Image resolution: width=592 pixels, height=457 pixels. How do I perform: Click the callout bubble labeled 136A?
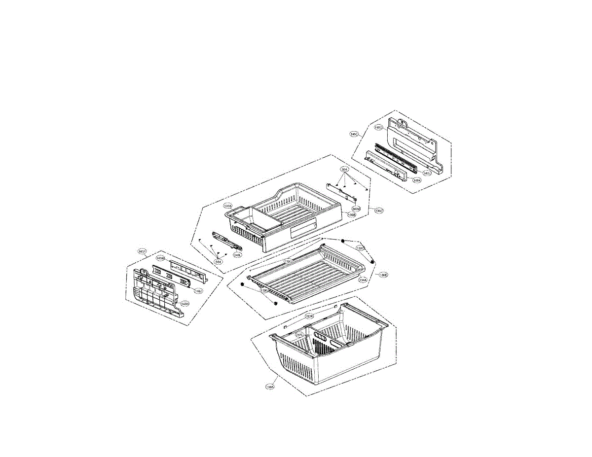pos(270,387)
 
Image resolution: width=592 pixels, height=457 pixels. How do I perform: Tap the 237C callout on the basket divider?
pos(299,335)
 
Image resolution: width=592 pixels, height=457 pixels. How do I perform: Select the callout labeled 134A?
pos(363,280)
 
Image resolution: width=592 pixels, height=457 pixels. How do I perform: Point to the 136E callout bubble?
pos(383,275)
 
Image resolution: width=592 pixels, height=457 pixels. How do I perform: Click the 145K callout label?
pos(417,180)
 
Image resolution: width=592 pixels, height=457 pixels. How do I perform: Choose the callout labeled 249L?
pos(237,255)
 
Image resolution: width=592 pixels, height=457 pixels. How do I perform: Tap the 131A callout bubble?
pos(227,206)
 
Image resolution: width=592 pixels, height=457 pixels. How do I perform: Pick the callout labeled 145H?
pos(184,304)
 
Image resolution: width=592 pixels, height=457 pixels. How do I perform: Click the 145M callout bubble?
pos(160,258)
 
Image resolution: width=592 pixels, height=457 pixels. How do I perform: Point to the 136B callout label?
pos(352,215)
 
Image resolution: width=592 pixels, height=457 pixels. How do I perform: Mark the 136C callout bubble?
pos(379,211)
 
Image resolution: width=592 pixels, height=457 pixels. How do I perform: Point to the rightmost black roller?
pos(372,262)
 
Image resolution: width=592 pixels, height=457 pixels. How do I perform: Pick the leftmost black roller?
pos(242,284)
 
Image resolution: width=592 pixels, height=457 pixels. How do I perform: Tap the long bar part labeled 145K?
pos(390,165)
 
